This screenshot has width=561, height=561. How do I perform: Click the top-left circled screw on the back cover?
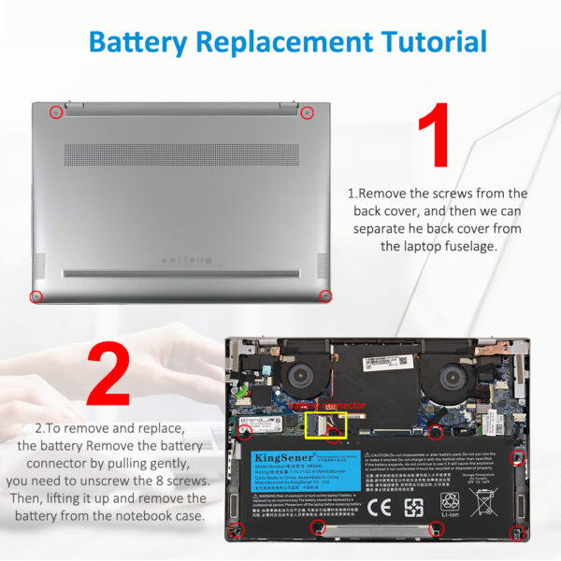(x=55, y=112)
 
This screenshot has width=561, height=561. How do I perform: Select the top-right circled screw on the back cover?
(x=308, y=112)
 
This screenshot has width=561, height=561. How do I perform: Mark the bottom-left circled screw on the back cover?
(x=36, y=296)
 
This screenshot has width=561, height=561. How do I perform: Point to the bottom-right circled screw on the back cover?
(x=325, y=296)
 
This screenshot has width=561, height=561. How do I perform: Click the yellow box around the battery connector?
(x=325, y=426)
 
